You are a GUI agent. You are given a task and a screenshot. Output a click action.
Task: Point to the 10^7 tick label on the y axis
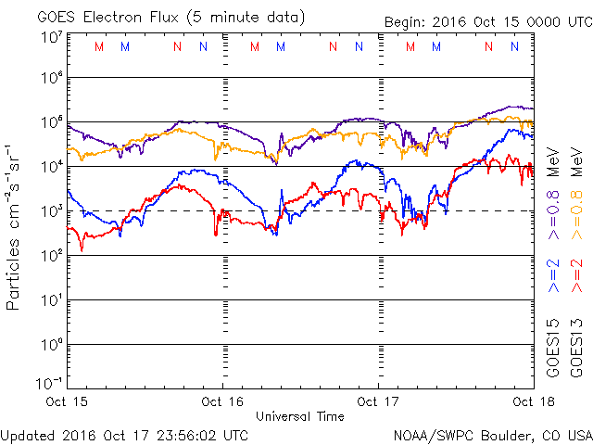(51, 37)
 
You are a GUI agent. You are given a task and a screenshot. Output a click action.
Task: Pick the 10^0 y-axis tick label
(51, 345)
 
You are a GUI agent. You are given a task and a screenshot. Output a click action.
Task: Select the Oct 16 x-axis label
(222, 401)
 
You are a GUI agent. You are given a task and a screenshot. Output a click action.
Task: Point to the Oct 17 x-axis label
(378, 401)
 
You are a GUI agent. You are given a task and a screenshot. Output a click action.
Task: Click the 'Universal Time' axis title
(300, 416)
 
